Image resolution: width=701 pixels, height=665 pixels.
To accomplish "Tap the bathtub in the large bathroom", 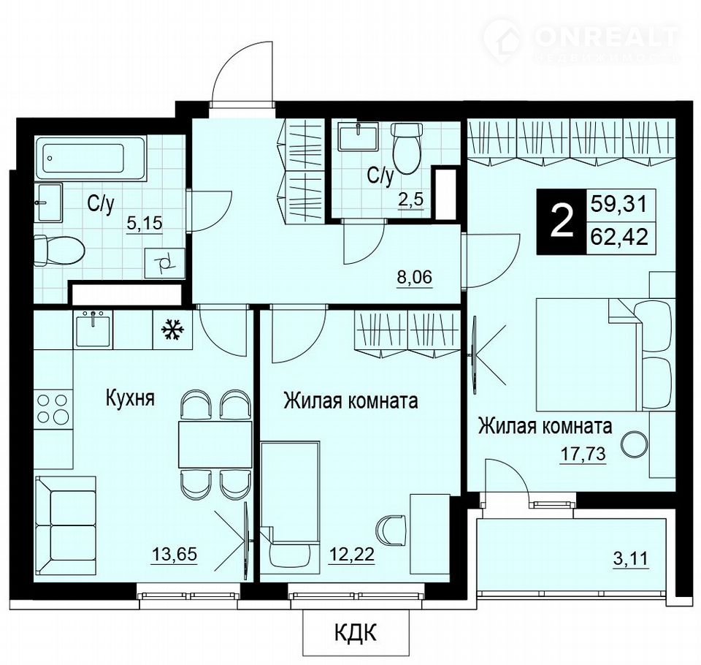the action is (x=91, y=159).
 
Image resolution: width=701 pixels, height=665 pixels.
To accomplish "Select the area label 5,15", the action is (x=145, y=222).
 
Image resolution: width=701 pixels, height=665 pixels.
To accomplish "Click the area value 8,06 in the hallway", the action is (x=415, y=278).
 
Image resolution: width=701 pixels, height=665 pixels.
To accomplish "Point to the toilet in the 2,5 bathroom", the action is (x=407, y=148).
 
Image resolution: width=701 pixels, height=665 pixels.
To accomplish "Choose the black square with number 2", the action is (x=561, y=223).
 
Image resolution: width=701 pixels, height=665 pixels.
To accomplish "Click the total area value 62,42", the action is (x=619, y=236).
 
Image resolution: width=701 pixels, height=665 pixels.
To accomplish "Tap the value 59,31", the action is (x=619, y=205).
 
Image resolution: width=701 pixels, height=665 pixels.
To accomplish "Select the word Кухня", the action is (x=130, y=398).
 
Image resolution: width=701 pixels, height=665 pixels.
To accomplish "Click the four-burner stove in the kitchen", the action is (x=53, y=408).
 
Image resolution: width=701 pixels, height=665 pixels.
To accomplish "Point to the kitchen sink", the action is (x=94, y=330).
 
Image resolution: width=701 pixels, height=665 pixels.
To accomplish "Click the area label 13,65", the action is (x=175, y=555).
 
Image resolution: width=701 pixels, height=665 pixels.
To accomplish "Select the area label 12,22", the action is (x=351, y=555).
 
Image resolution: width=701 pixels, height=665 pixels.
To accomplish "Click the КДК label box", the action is (x=356, y=633).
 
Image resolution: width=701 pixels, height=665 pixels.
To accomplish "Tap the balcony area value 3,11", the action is (x=630, y=559).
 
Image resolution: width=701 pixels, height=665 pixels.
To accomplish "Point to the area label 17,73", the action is (x=583, y=454).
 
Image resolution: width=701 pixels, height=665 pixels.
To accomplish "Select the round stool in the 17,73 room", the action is (x=634, y=443).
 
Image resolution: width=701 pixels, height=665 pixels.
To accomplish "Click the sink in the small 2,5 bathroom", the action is (x=357, y=137).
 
